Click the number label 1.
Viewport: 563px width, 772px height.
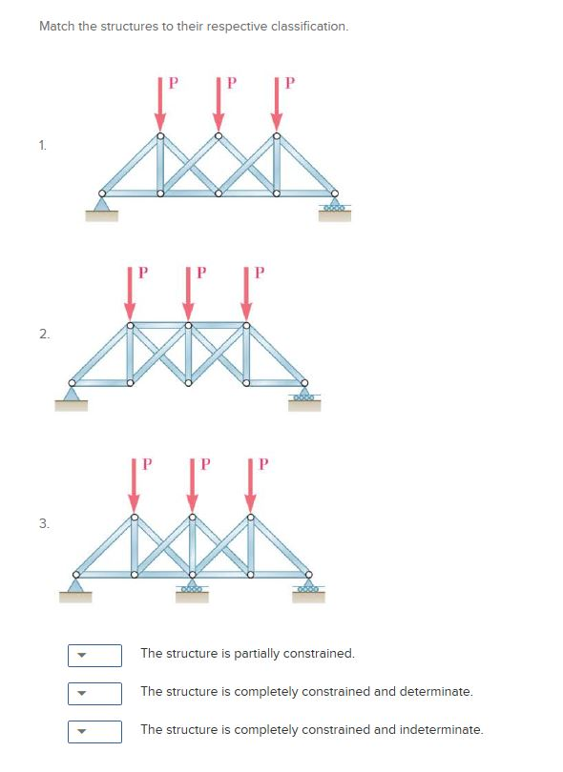pyautogui.click(x=43, y=145)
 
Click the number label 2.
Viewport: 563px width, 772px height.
pyautogui.click(x=43, y=334)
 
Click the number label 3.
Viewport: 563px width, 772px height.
pyautogui.click(x=43, y=523)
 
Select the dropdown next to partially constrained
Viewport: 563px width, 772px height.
pyautogui.click(x=94, y=655)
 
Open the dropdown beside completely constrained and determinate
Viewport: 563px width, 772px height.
pyautogui.click(x=94, y=693)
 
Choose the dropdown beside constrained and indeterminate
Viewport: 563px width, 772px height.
pyautogui.click(x=94, y=731)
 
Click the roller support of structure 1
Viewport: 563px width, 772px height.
pyautogui.click(x=334, y=204)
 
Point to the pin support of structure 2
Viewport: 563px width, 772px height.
pyautogui.click(x=71, y=392)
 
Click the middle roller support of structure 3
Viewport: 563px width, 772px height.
pyautogui.click(x=192, y=583)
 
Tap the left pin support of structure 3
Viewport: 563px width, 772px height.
pyautogui.click(x=75, y=582)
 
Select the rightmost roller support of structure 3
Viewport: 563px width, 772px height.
pyautogui.click(x=308, y=584)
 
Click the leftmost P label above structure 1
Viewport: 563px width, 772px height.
pyautogui.click(x=173, y=81)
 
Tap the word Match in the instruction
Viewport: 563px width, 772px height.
pyautogui.click(x=55, y=26)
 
